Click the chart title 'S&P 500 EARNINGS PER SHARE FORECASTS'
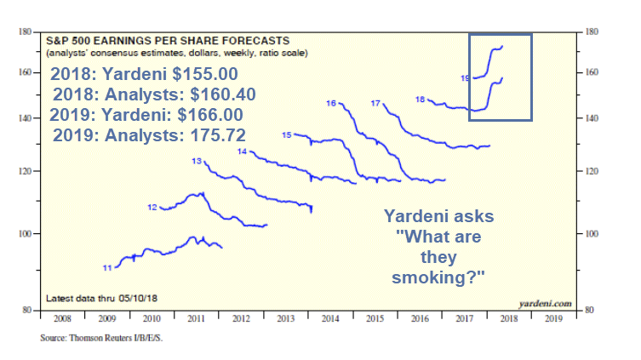(166, 40)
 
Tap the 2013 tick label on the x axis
(285, 321)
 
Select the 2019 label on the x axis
(552, 321)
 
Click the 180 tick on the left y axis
(25, 32)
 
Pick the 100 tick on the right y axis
(587, 234)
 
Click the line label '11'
(107, 268)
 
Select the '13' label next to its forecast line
(197, 161)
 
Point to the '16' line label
(331, 103)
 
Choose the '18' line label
(420, 100)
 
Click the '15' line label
(287, 135)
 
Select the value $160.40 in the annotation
(211, 94)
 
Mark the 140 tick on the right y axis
(587, 118)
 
